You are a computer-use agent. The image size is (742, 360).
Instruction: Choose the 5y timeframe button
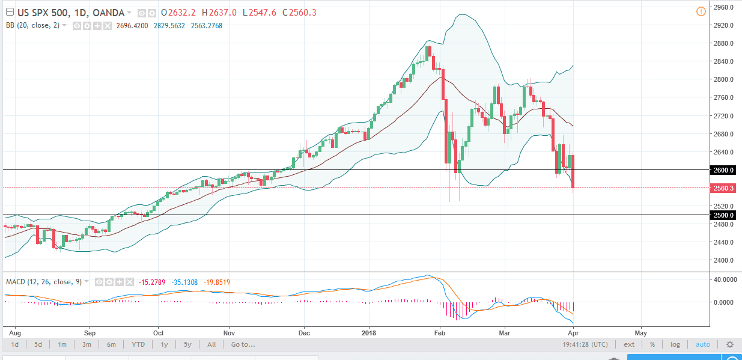(187, 344)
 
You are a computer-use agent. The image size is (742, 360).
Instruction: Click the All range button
(211, 344)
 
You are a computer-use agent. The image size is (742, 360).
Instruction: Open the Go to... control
(243, 344)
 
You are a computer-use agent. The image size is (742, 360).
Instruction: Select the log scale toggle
(675, 344)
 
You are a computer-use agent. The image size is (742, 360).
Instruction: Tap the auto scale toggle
(702, 344)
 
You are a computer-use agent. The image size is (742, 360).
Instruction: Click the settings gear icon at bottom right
(730, 344)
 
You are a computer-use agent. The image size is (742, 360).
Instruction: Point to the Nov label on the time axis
(229, 332)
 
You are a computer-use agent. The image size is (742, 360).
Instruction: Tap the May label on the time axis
(640, 332)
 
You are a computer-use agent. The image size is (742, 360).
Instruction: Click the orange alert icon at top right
(701, 12)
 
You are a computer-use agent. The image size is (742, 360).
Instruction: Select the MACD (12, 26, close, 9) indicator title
(43, 281)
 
